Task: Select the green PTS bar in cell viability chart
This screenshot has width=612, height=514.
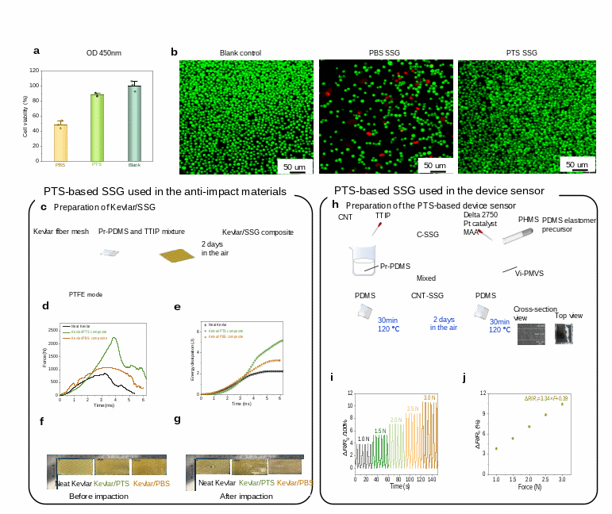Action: (x=97, y=127)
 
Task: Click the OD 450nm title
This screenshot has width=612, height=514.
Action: (x=104, y=53)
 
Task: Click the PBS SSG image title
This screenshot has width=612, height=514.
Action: (x=384, y=53)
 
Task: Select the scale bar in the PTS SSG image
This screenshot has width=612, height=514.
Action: (x=577, y=170)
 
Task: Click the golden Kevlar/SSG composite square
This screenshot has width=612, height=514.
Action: (x=175, y=255)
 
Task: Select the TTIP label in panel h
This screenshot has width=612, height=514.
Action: (x=383, y=215)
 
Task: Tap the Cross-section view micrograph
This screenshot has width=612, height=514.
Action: (x=528, y=334)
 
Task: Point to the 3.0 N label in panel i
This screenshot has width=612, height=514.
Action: (x=430, y=397)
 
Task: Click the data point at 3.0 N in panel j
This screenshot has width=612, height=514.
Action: (x=562, y=404)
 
